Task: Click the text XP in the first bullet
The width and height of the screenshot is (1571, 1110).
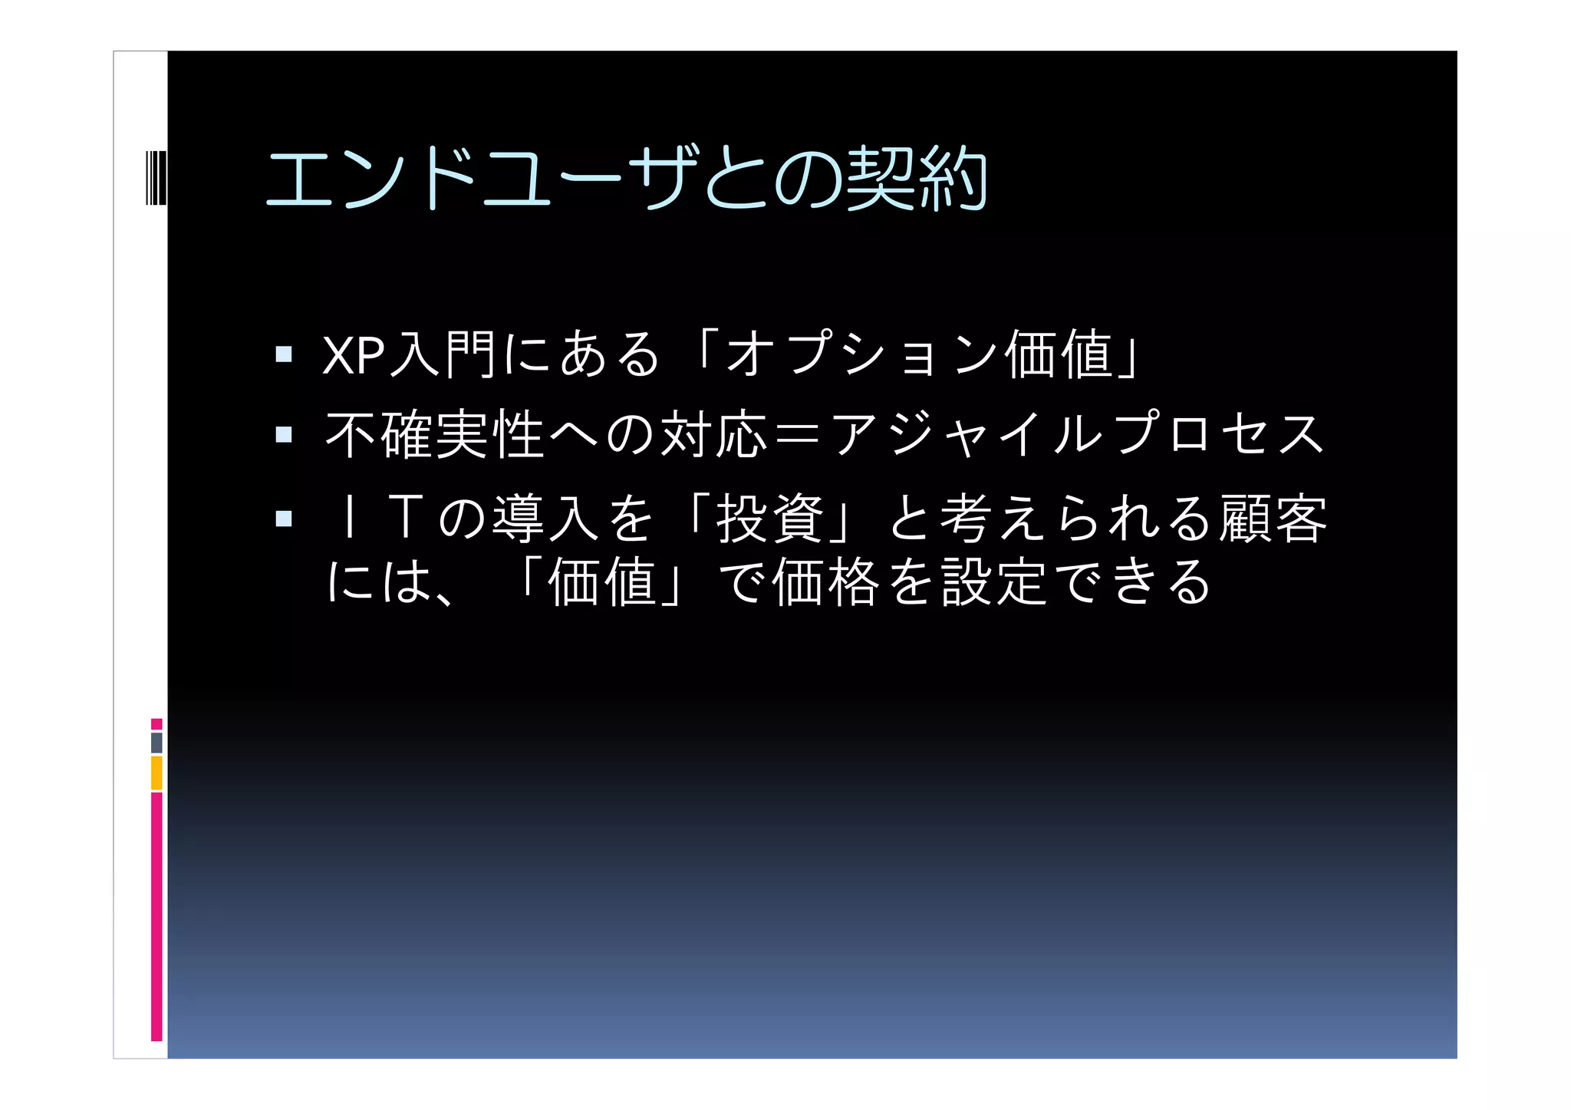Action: (x=353, y=355)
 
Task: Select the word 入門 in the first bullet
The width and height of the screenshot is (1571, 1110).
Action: (x=443, y=355)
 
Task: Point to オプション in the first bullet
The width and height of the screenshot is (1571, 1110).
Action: (x=861, y=355)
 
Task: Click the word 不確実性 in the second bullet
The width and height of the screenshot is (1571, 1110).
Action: (x=435, y=435)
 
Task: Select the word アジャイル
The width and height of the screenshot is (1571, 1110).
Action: (x=968, y=435)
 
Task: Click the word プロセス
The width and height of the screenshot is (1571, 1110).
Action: (x=1220, y=435)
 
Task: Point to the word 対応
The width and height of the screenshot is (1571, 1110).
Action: (x=714, y=435)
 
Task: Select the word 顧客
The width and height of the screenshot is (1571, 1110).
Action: (x=1274, y=519)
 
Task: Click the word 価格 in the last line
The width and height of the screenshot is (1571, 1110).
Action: (x=825, y=581)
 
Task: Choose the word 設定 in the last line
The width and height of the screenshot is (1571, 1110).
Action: (x=994, y=581)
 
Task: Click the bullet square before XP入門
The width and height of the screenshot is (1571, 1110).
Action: (x=284, y=354)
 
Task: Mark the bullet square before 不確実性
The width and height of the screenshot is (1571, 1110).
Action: (x=284, y=435)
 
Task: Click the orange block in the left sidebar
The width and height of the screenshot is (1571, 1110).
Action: (x=156, y=772)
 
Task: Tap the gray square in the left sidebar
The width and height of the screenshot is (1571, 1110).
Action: (x=156, y=743)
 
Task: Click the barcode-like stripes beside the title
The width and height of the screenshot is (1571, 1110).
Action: (x=156, y=178)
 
